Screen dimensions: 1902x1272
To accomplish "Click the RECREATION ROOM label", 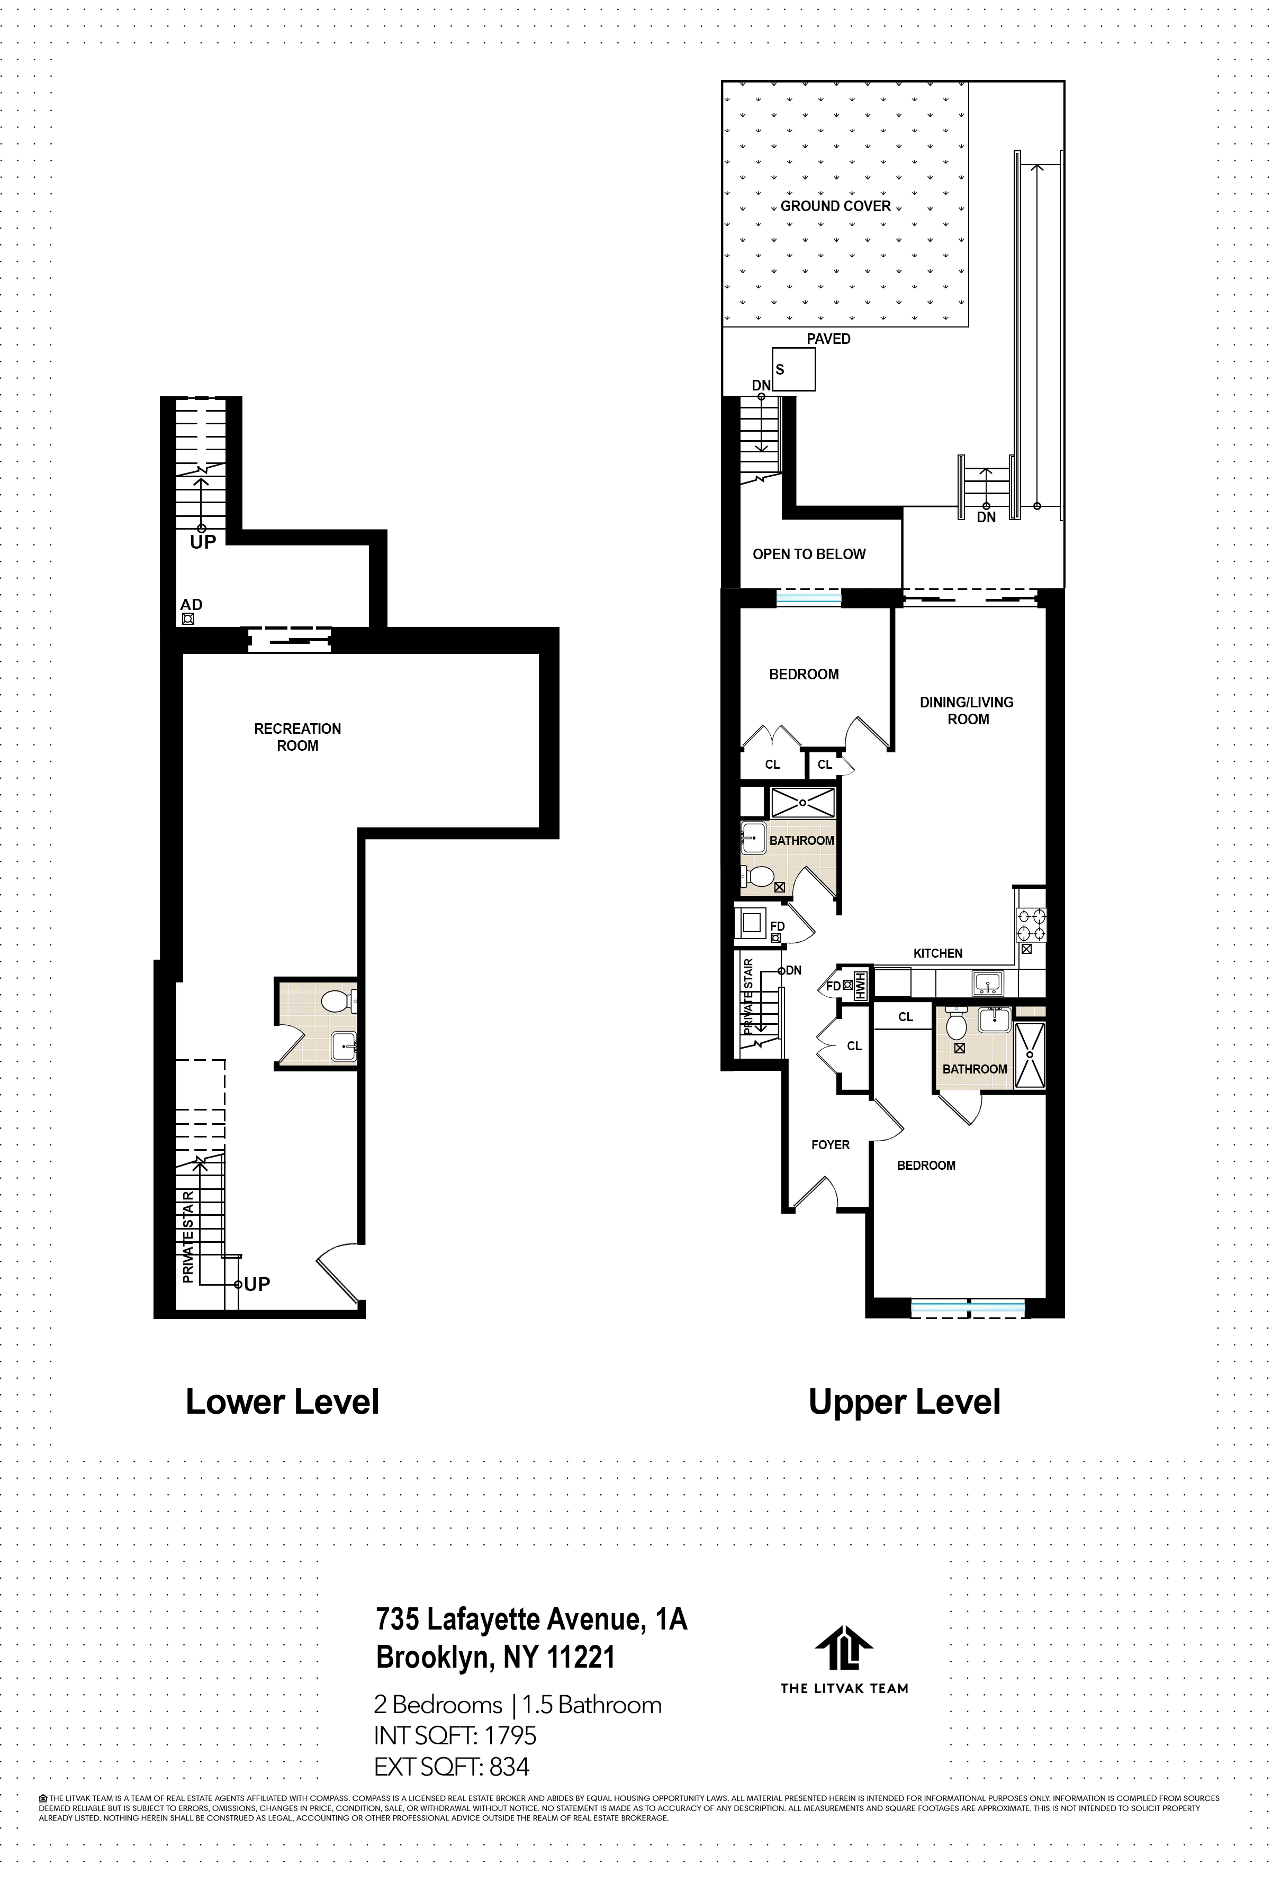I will click(297, 737).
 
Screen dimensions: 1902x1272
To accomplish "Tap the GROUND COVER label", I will click(836, 206).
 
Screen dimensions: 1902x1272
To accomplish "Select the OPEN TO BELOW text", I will click(809, 554).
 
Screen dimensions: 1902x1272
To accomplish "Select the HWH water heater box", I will click(859, 986).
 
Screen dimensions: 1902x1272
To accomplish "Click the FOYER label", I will click(831, 1145).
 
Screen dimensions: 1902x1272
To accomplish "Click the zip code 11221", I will click(581, 1657).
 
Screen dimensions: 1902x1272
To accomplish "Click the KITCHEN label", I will click(938, 953).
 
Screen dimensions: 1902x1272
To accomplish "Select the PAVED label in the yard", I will click(828, 339).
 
